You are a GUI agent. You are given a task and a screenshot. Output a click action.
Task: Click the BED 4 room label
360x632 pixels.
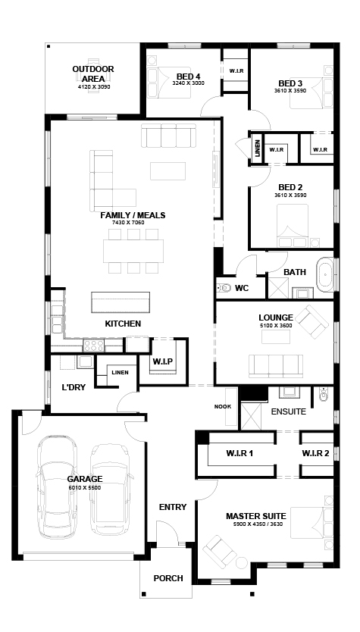pos(188,77)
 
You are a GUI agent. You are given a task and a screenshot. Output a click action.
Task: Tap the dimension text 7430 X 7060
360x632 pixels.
pos(128,222)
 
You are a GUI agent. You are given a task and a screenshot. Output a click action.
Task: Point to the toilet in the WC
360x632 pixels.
pos(223,288)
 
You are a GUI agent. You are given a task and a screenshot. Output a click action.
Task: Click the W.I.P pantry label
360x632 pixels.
pos(162,361)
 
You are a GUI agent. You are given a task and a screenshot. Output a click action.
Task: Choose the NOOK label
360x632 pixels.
pos(223,407)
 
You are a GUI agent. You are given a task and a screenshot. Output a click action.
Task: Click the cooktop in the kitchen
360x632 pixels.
pos(93,346)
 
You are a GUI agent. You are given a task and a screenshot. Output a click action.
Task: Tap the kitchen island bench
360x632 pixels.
pos(121,302)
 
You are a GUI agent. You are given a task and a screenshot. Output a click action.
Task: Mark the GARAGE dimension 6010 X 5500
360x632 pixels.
pos(84,488)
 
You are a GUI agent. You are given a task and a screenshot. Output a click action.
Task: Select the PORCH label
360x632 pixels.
pos(168,578)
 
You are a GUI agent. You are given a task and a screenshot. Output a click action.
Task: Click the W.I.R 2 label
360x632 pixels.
pos(315,453)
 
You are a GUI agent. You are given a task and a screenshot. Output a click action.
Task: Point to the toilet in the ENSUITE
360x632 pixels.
pos(324,394)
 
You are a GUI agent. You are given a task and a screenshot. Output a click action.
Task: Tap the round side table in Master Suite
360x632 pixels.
pos(242,563)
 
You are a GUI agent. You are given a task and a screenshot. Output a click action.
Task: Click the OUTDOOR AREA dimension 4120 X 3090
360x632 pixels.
pos(94,86)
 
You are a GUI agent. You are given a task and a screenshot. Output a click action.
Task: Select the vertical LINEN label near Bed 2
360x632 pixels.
pos(258,149)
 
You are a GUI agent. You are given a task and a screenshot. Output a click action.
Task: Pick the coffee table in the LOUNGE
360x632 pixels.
pos(276,337)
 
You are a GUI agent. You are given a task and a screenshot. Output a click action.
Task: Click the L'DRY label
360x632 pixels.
pos(74,388)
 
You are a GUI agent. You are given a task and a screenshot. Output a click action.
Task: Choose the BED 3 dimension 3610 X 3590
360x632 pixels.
pos(290,91)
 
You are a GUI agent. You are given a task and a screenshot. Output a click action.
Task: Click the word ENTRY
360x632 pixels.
pos(173,507)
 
